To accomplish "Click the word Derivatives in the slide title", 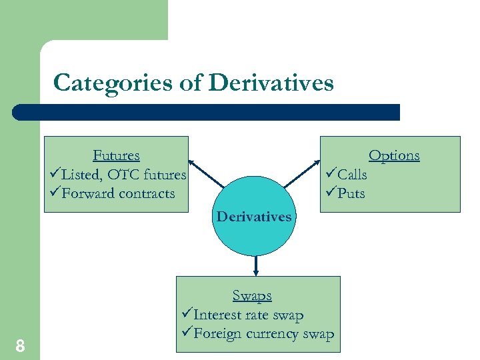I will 271,83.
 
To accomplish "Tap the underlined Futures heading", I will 116,155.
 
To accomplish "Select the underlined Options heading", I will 394,155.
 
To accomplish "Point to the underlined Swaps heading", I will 252,295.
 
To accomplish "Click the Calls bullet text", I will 352,175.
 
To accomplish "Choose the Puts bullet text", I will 351,193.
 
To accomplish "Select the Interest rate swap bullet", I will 248,315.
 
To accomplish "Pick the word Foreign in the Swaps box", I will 217,334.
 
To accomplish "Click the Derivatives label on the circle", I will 254,216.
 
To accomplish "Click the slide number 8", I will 20,345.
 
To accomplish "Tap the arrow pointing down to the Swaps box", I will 255,265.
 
